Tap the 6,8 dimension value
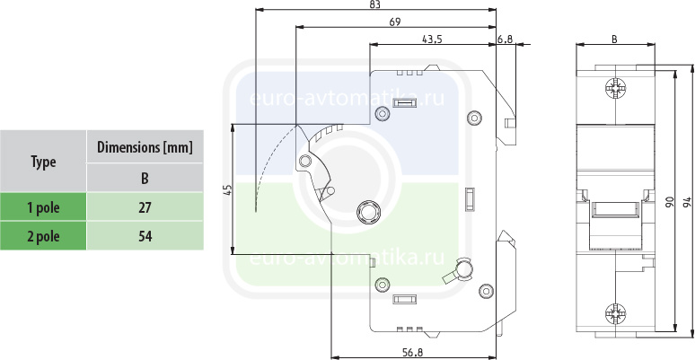[504, 39]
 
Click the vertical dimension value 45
[227, 189]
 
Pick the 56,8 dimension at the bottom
[413, 351]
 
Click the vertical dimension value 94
[687, 202]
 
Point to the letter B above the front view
[613, 39]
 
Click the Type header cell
[43, 162]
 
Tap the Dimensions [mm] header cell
[145, 147]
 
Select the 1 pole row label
[43, 207]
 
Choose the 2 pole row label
[43, 236]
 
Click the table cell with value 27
[145, 207]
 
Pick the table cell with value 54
[145, 236]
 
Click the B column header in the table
[145, 177]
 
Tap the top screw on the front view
[615, 89]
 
